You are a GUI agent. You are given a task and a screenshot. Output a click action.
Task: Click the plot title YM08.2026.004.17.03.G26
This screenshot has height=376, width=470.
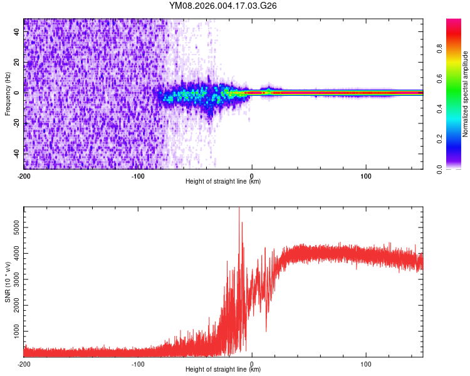[x=223, y=6]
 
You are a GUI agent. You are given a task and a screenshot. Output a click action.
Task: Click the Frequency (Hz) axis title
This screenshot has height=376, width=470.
[x=8, y=94]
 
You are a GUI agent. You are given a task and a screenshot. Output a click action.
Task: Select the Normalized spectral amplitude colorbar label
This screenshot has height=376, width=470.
[x=465, y=95]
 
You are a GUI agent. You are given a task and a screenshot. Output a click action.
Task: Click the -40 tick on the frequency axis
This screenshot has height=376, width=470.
[x=15, y=153]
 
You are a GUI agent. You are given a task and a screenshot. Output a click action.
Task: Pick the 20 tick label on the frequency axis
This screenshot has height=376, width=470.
[x=17, y=63]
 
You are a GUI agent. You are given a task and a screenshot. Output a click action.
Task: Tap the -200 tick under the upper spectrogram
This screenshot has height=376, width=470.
[x=24, y=175]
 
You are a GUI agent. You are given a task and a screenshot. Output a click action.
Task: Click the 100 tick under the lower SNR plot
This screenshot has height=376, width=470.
[x=366, y=363]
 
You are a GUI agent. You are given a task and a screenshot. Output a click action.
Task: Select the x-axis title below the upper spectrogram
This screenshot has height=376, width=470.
[x=223, y=182]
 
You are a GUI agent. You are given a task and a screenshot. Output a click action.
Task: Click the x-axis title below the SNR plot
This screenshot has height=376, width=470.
[x=223, y=370]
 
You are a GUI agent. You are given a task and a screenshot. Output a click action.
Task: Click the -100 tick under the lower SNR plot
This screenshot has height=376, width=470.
[x=138, y=363]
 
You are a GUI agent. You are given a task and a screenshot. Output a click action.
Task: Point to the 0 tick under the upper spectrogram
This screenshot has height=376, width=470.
[x=252, y=175]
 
